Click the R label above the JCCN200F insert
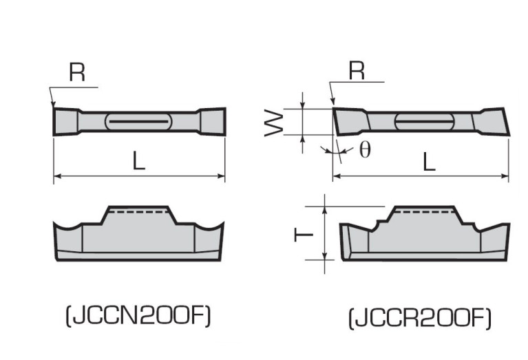coord(77,74)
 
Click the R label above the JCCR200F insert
coord(356,71)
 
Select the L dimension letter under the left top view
coord(139,162)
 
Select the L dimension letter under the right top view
coord(429,162)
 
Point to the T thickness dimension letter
coord(302,234)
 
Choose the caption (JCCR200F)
coord(420,318)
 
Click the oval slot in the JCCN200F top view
coord(138,122)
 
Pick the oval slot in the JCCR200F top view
coord(424,123)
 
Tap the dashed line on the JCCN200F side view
coord(138,213)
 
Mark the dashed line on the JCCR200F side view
coord(424,213)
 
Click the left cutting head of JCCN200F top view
coord(66,122)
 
